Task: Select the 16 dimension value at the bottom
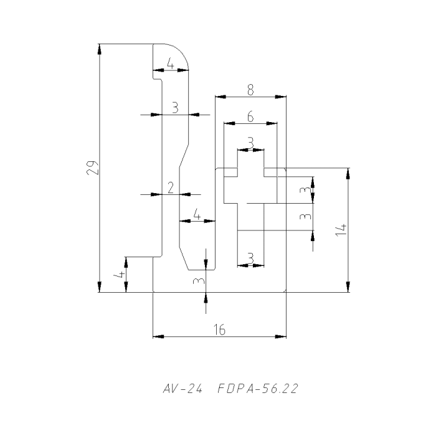219,330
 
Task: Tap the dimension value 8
250,90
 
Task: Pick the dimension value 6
250,116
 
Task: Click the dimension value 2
171,188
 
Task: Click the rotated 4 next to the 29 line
118,274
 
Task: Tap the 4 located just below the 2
197,216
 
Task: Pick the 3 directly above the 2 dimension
175,108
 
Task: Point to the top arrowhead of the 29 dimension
100,49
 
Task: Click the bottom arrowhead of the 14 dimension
348,288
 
